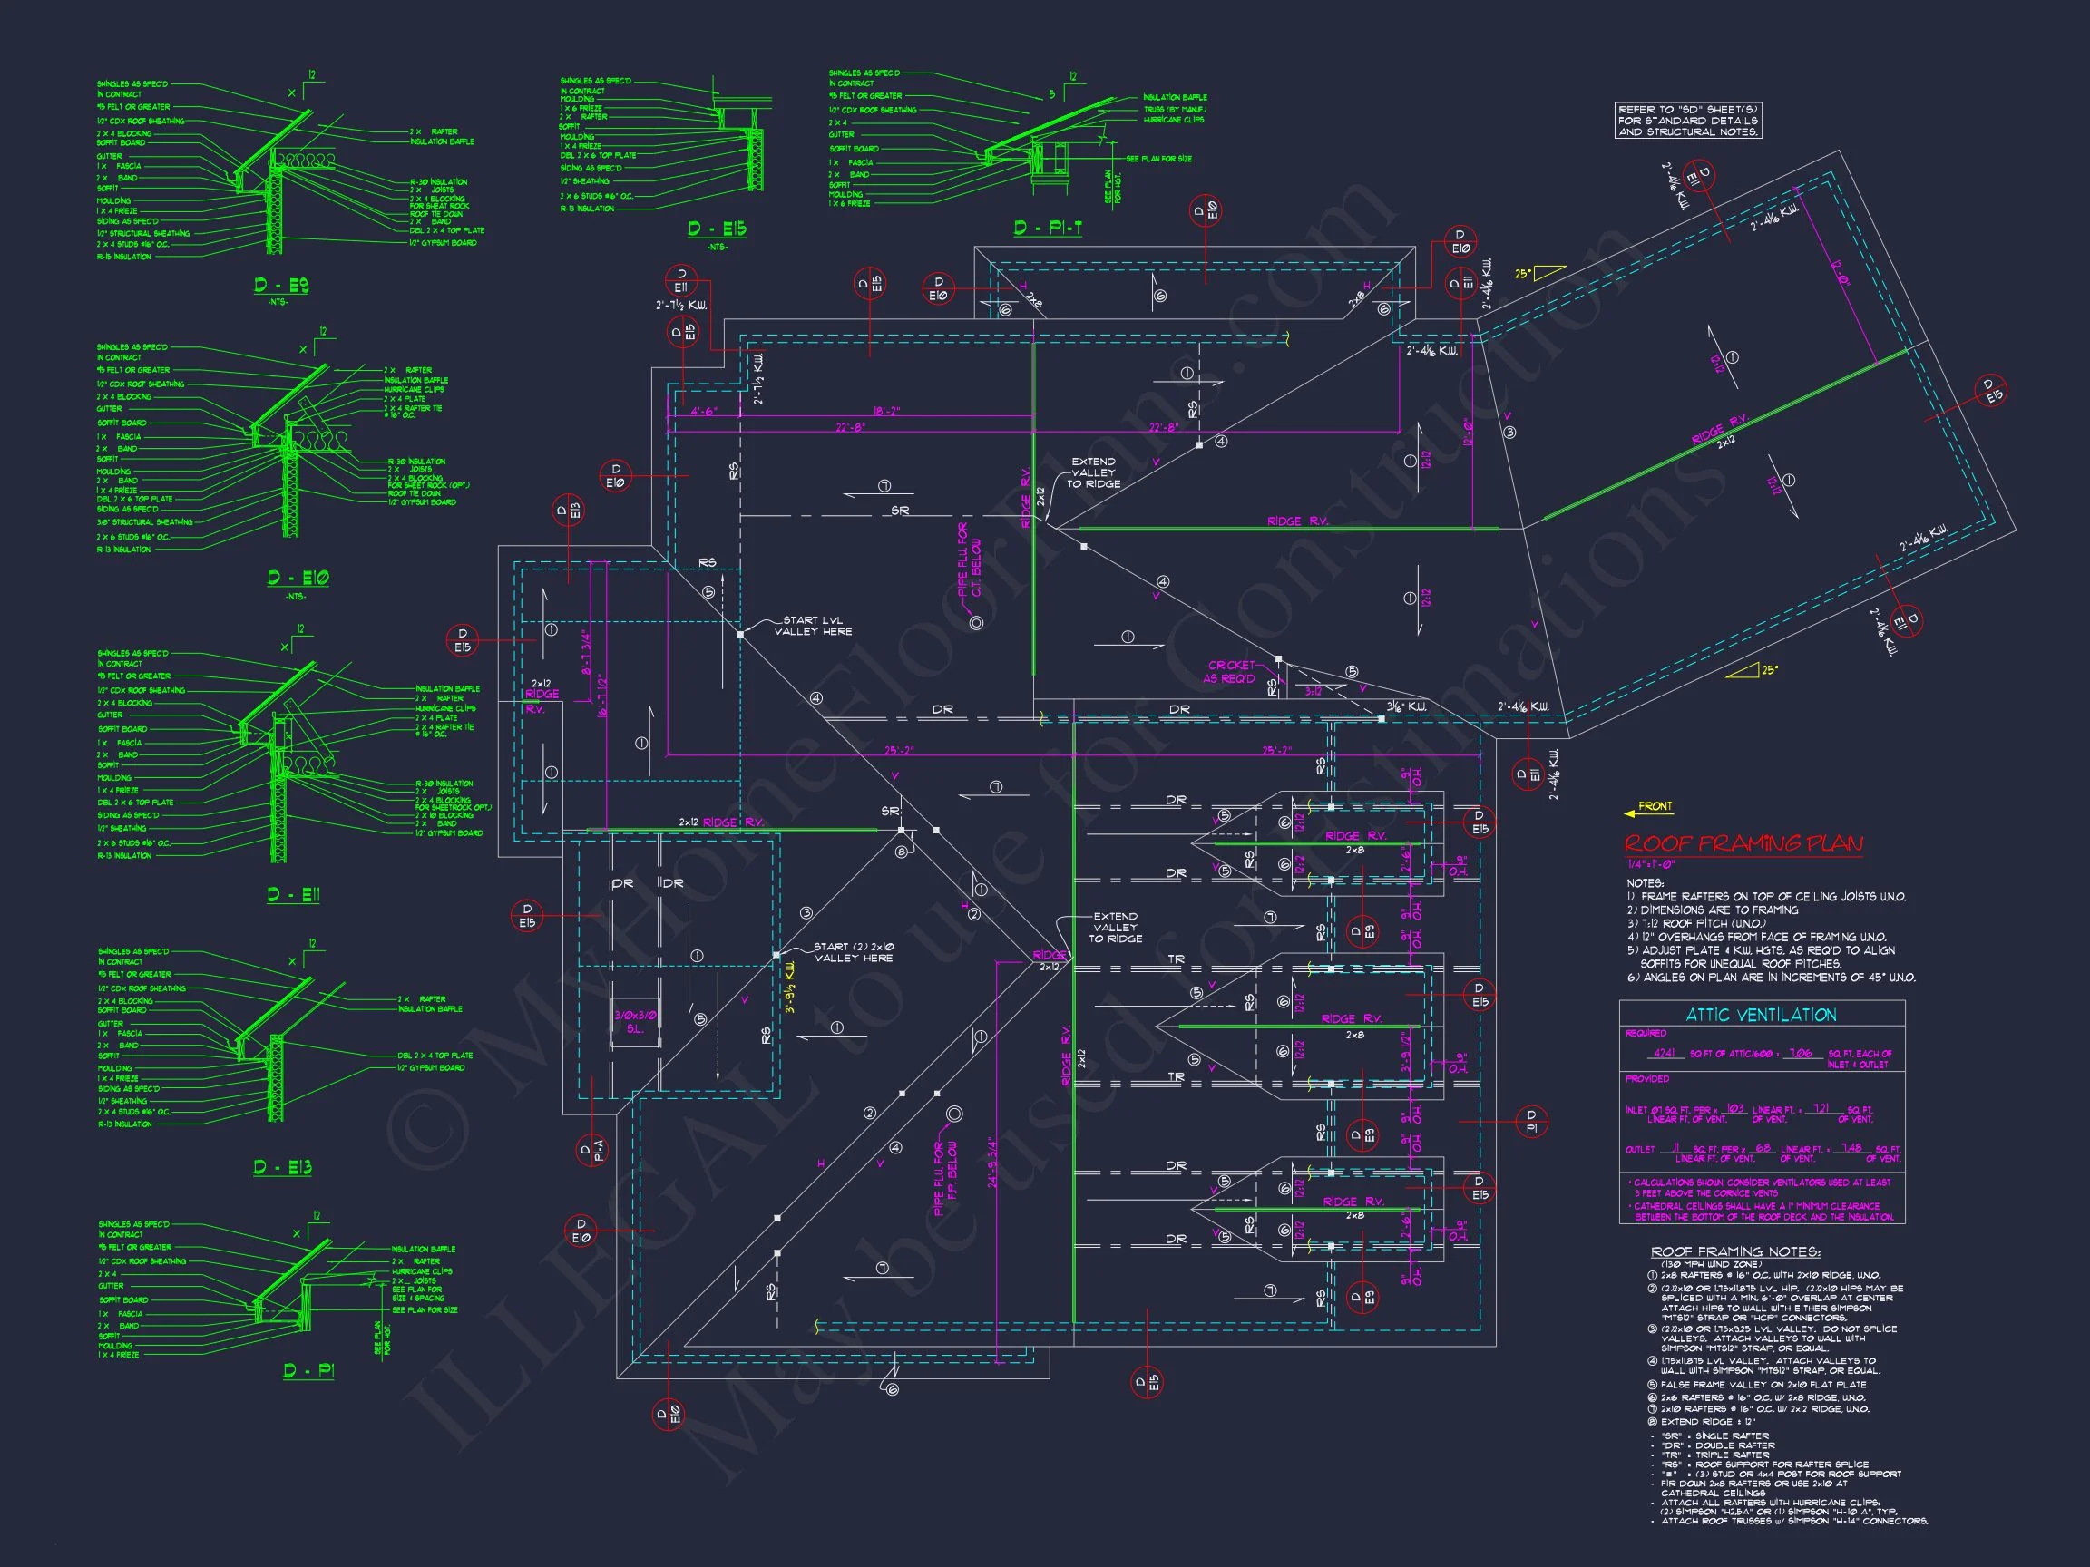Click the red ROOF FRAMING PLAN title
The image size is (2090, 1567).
coord(1743,843)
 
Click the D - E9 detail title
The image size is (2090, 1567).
coord(280,287)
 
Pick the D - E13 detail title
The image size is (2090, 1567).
coord(281,1168)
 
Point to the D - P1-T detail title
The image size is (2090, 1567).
coord(1047,228)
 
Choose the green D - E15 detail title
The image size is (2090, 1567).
coord(718,229)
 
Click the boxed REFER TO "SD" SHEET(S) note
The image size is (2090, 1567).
coord(1688,121)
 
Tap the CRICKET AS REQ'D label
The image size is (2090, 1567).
coord(1229,672)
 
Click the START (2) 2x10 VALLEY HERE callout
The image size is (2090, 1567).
coord(855,952)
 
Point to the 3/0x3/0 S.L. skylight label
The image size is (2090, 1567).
coord(635,1022)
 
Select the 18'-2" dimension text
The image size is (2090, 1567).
coord(886,411)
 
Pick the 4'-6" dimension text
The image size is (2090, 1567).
coord(704,412)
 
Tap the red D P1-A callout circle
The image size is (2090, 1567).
coord(591,1150)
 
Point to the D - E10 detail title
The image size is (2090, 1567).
coord(298,578)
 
